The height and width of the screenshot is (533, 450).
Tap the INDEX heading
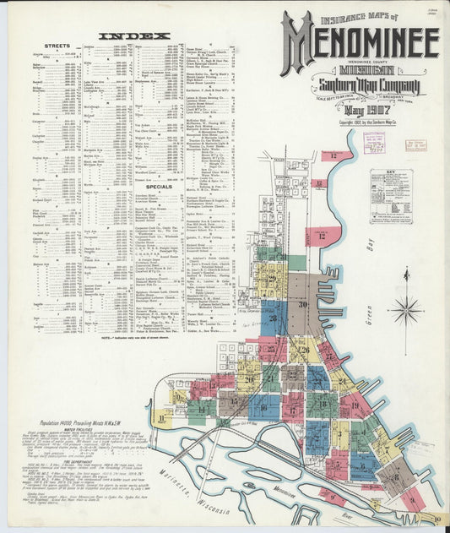134,36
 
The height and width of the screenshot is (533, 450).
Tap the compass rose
406,307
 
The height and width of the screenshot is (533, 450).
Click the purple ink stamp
373,142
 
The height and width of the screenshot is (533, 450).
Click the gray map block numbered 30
302,305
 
